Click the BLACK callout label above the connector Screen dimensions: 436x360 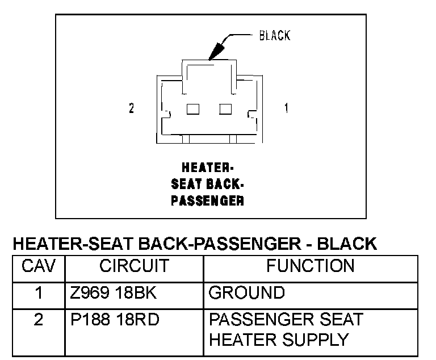click(274, 35)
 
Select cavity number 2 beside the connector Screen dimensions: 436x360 click(131, 108)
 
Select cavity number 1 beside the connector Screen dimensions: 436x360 click(286, 108)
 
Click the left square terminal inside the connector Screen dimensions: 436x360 click(193, 108)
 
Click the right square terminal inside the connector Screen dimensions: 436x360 click(226, 108)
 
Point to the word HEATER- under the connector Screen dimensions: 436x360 click(207, 168)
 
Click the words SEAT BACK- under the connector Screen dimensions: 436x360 click(207, 184)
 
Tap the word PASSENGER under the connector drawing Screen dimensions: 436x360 click(207, 200)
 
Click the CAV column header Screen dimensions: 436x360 click(39, 266)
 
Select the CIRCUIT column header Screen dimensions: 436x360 click(134, 266)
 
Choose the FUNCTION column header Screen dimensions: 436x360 click(310, 266)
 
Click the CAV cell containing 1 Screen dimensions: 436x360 click(39, 293)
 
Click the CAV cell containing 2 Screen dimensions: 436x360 click(39, 320)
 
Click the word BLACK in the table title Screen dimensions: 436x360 click(346, 244)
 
